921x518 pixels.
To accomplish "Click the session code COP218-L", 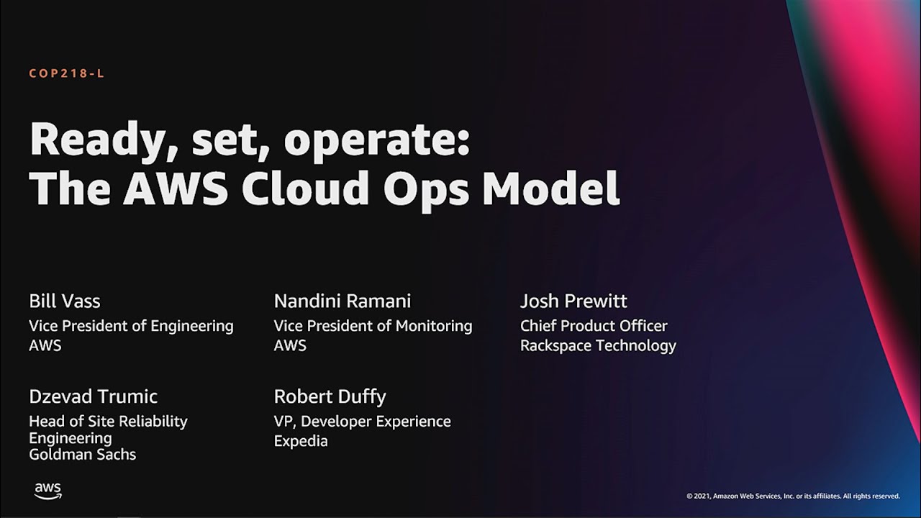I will click(66, 73).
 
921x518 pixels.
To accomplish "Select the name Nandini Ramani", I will click(342, 301).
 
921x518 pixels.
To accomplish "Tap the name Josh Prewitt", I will click(573, 301).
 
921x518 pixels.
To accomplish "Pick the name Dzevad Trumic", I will click(93, 396).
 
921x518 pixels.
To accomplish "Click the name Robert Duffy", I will click(330, 396).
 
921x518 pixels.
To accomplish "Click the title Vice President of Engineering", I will click(131, 326).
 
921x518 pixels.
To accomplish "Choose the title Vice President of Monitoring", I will click(373, 326).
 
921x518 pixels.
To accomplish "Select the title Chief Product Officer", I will click(594, 326).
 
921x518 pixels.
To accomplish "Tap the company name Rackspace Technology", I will click(598, 345).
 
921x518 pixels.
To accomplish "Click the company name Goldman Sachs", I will click(82, 455).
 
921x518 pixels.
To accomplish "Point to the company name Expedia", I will click(301, 441).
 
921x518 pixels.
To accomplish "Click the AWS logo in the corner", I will click(48, 491).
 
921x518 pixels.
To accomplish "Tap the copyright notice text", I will click(793, 496).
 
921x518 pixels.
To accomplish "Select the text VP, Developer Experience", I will click(362, 421).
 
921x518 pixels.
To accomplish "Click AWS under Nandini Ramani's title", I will click(290, 345).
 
